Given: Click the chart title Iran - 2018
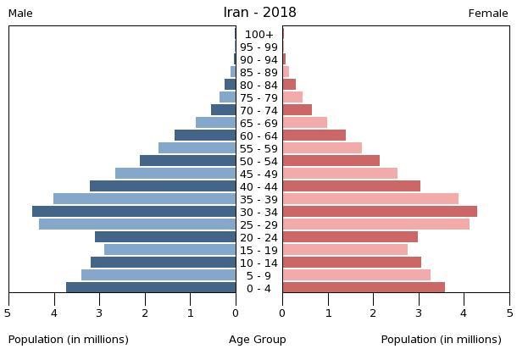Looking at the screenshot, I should coord(259,13).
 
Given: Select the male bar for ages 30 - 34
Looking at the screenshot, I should coord(134,212).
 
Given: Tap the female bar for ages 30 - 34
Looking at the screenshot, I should coord(380,212).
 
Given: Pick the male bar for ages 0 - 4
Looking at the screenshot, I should coord(151,288).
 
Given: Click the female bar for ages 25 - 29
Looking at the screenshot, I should coord(375,224).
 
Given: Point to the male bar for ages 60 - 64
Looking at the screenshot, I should coord(205,136).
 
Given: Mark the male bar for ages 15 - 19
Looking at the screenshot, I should coord(170,250).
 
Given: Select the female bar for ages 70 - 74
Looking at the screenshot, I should coord(297,110).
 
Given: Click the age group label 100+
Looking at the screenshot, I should coord(258,35).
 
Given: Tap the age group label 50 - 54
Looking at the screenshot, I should coord(258,161).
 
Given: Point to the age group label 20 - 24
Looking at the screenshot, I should coord(258,237).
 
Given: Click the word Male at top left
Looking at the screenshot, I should coord(20,14).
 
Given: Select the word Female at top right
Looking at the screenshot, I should coord(488,14).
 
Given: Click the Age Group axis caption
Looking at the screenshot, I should coord(258,340).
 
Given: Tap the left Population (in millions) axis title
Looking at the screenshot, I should coord(69,340).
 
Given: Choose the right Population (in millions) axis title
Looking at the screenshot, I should coord(441,340).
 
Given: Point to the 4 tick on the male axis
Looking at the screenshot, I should coord(54,313).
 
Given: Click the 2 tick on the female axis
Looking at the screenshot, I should coord(373,313).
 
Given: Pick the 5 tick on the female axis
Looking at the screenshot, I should coord(509,313).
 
